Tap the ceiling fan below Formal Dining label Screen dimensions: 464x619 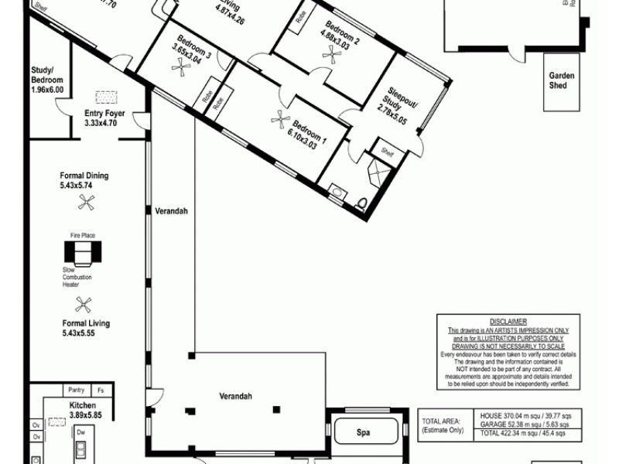click(86, 203)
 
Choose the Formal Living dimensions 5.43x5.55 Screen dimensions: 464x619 click(86, 333)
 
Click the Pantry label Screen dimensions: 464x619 click(76, 390)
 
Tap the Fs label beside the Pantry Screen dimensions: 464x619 click(100, 390)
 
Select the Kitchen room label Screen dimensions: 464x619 click(81, 405)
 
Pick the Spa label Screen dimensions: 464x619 click(362, 432)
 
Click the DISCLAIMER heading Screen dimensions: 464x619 click(508, 321)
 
